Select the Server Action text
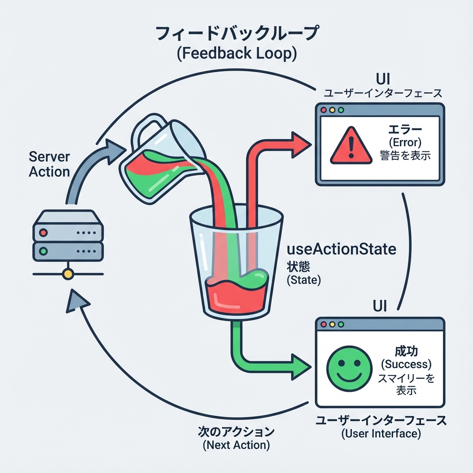coord(49,164)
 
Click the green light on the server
coord(43,252)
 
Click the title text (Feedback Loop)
coord(236,54)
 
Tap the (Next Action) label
coord(236,446)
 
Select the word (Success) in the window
coord(406,364)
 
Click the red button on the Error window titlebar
coord(323,111)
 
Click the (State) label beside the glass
coord(303,280)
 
